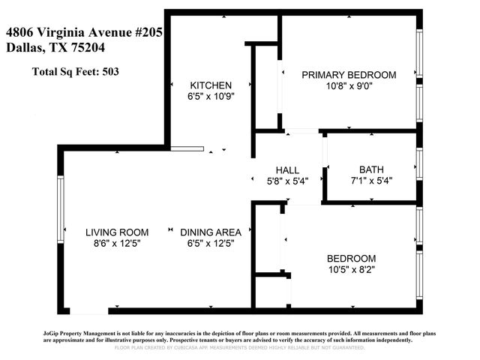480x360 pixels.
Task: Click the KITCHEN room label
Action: (211, 85)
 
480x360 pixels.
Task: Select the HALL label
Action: (287, 169)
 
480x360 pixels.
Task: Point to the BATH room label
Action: (371, 169)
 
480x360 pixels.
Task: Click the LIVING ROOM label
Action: (116, 232)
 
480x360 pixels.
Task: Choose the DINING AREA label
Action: (211, 232)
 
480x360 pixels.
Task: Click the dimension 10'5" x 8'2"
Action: (351, 268)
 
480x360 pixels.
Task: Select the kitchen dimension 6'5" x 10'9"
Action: (211, 96)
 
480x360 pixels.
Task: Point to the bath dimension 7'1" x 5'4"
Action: (371, 180)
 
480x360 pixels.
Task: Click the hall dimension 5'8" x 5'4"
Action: (287, 180)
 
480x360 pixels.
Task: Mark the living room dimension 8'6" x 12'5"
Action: (116, 243)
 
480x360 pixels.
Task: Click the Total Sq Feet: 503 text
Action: (75, 72)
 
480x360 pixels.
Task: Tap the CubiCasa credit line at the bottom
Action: (239, 348)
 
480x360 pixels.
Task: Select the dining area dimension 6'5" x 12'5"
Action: (211, 243)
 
